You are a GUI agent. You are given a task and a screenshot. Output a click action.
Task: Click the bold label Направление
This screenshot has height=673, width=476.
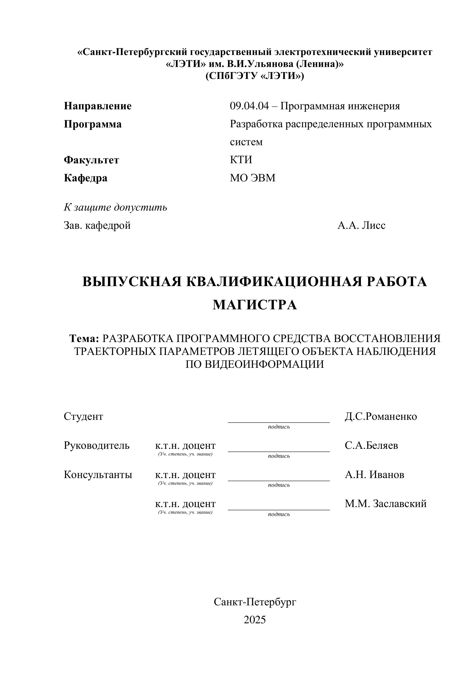tap(98, 106)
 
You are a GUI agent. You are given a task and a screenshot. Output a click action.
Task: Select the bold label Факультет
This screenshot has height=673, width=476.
tap(91, 160)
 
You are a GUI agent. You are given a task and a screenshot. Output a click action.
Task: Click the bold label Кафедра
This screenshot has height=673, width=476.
tap(85, 178)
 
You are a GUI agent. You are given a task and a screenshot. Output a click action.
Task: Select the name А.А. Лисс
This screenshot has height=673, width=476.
tap(361, 225)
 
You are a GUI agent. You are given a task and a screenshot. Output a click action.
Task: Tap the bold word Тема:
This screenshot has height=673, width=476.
tap(84, 339)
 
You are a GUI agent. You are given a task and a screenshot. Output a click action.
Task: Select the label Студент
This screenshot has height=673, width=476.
tap(83, 417)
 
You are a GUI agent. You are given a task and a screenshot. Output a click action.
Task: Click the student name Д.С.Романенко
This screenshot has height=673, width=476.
tap(380, 417)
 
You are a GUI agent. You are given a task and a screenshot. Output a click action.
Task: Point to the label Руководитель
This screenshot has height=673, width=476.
tap(96, 446)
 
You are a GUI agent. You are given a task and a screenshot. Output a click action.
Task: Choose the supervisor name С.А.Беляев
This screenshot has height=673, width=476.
tap(371, 446)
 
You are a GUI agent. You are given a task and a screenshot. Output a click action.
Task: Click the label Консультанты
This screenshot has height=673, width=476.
tap(98, 475)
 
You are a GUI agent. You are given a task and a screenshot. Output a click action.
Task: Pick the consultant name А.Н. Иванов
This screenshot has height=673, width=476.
tap(374, 475)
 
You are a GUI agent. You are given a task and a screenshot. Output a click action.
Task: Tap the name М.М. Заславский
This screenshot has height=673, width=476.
tap(386, 504)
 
